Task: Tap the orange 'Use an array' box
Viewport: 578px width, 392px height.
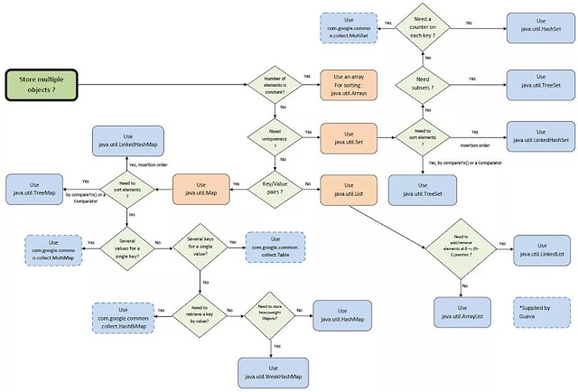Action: coord(347,87)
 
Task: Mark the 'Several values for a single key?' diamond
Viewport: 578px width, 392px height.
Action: coord(126,244)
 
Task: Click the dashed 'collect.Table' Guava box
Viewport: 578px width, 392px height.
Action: coord(275,245)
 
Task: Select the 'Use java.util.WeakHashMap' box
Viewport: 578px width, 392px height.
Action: coord(275,368)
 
